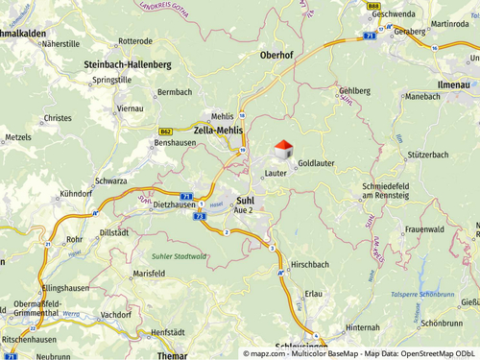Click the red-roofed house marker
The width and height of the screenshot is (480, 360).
pyautogui.click(x=283, y=150)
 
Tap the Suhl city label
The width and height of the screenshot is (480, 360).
pyautogui.click(x=244, y=200)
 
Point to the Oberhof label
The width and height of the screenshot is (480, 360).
pyautogui.click(x=277, y=56)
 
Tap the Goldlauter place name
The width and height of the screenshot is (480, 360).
pyautogui.click(x=316, y=164)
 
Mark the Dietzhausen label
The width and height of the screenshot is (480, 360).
pyautogui.click(x=174, y=204)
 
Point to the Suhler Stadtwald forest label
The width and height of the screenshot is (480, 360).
pyautogui.click(x=179, y=256)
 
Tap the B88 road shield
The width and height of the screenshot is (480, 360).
pyautogui.click(x=372, y=5)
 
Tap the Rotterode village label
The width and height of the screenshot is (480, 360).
pyautogui.click(x=134, y=41)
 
